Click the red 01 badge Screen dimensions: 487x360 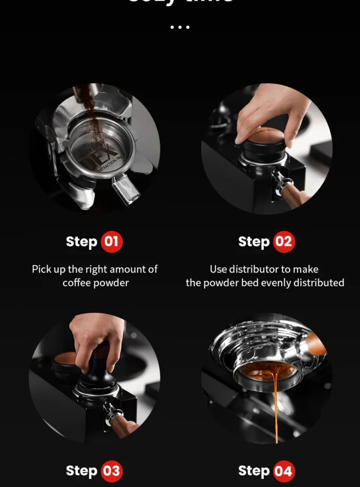tap(111, 242)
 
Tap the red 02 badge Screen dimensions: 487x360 tap(284, 242)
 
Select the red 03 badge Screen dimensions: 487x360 tap(111, 471)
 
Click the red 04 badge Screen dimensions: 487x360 tap(284, 471)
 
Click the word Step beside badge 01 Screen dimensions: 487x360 tap(82, 242)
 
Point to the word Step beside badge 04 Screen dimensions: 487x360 tap(254, 471)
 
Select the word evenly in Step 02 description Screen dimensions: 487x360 tap(284, 283)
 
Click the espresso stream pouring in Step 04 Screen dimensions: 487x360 tap(275, 408)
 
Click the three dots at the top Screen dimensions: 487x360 tap(180, 27)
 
